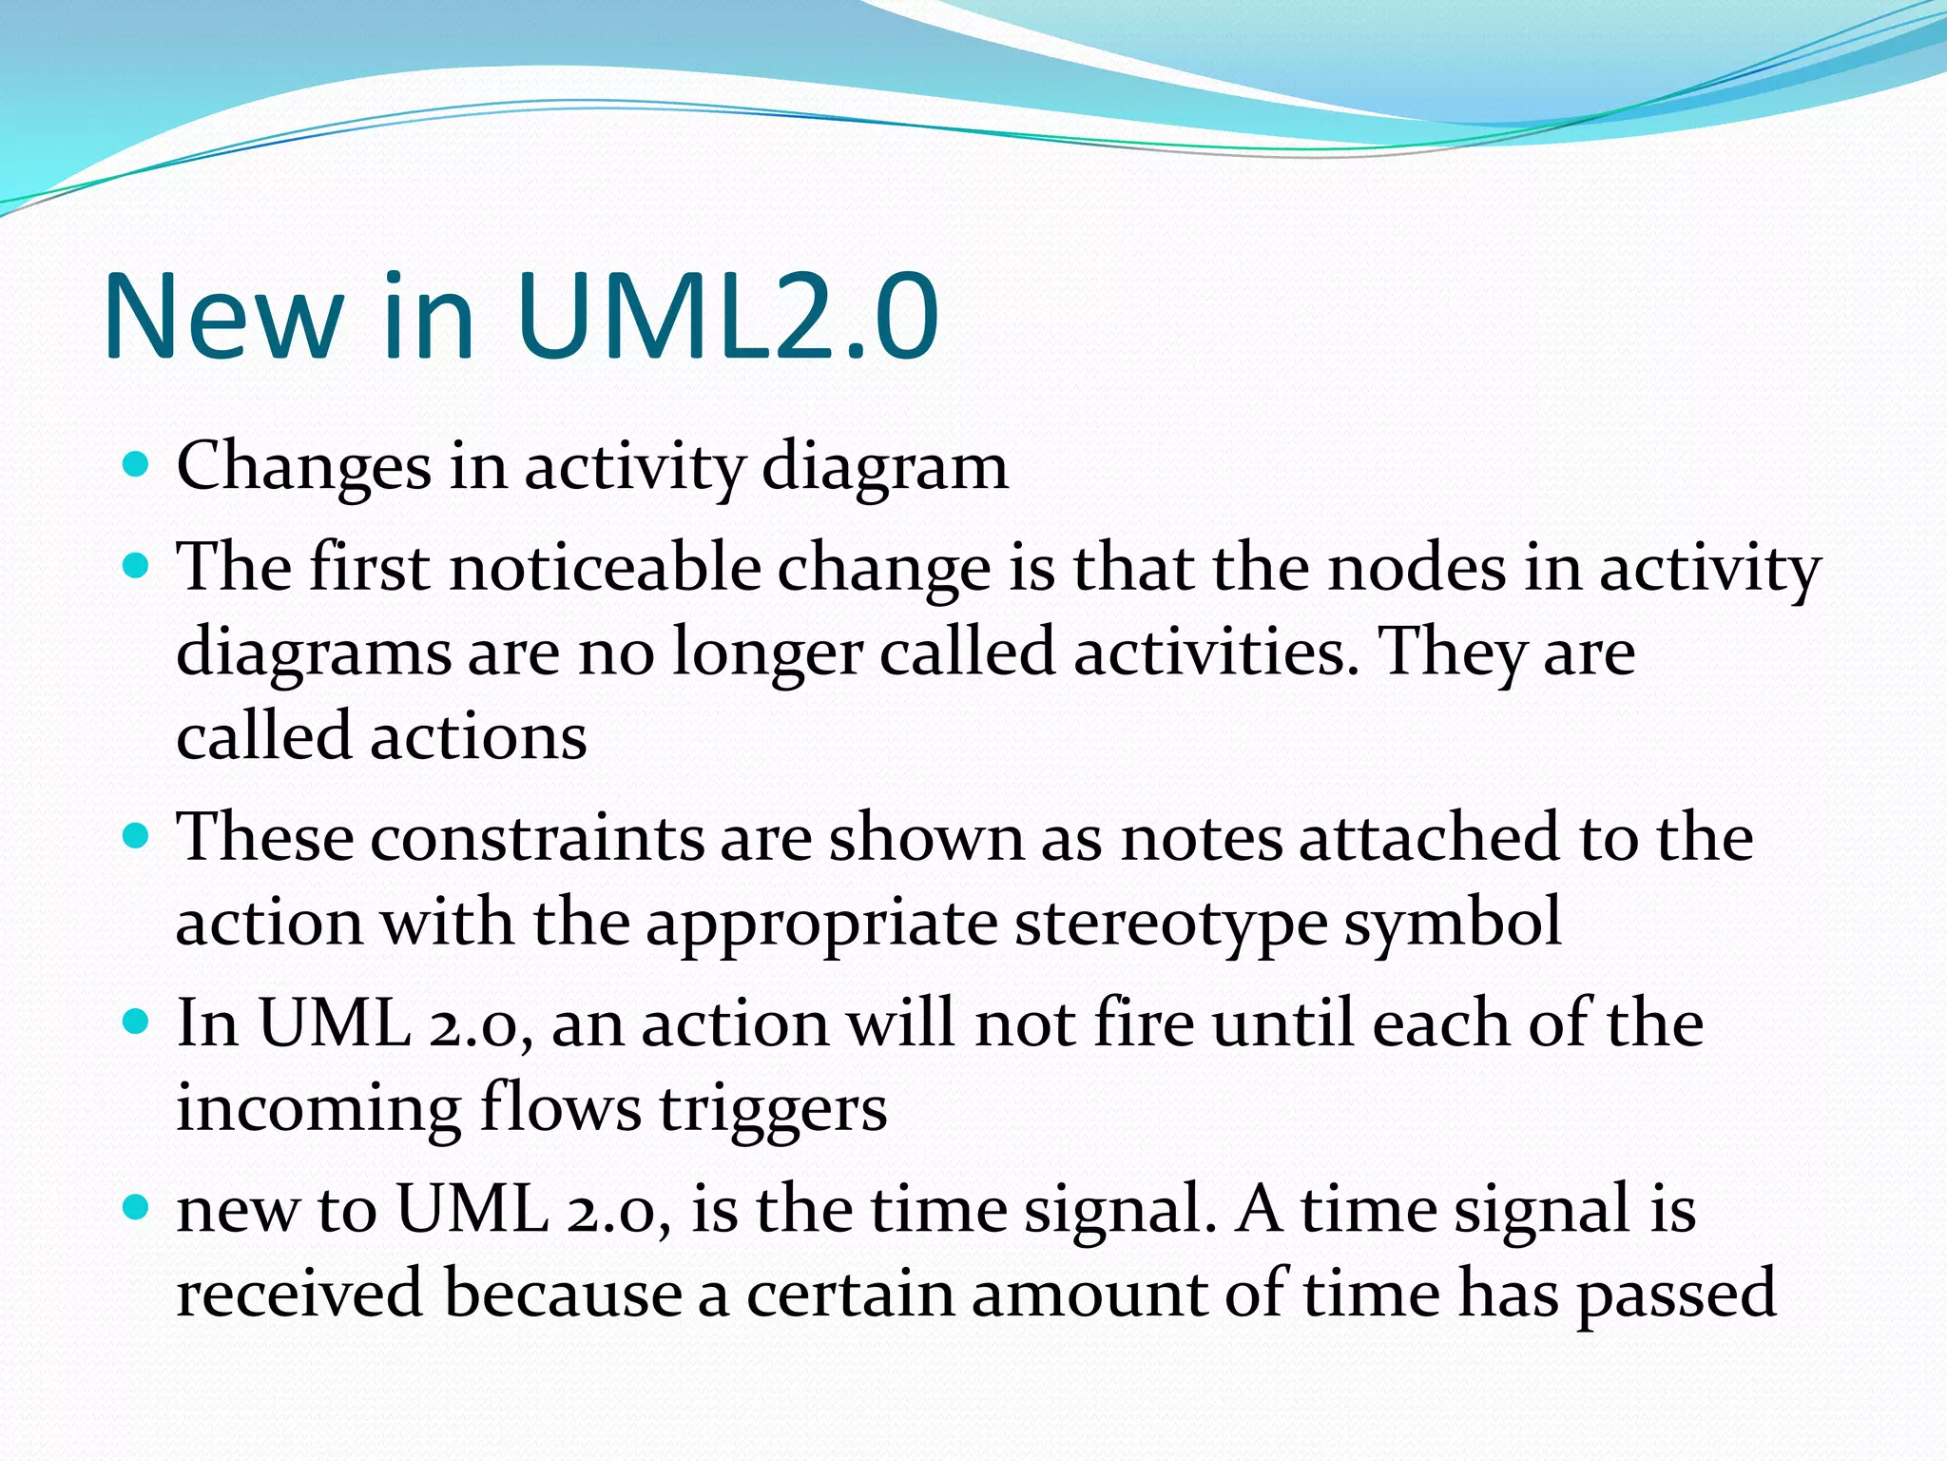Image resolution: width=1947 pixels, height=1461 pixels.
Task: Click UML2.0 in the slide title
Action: pyautogui.click(x=728, y=316)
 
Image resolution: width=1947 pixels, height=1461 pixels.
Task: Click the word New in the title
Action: pyautogui.click(x=223, y=316)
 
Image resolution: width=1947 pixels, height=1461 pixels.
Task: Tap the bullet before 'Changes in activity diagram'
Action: pyautogui.click(x=137, y=465)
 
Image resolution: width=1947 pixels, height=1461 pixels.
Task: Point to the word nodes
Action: pyautogui.click(x=1417, y=568)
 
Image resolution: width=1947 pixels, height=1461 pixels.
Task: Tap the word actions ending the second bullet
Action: pyautogui.click(x=478, y=737)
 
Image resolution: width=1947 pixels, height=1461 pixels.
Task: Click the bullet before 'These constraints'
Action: pyautogui.click(x=137, y=836)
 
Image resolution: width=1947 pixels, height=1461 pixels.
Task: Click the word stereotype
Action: pyautogui.click(x=1170, y=924)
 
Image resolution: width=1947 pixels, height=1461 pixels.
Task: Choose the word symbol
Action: pyautogui.click(x=1452, y=924)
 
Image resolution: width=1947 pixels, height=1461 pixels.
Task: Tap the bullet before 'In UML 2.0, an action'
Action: pyautogui.click(x=137, y=1023)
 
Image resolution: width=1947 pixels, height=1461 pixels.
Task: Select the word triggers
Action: pyautogui.click(x=773, y=1110)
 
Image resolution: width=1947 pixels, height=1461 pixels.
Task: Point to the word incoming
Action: pyautogui.click(x=318, y=1110)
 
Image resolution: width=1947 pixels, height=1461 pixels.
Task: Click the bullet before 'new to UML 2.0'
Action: pyautogui.click(x=137, y=1209)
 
